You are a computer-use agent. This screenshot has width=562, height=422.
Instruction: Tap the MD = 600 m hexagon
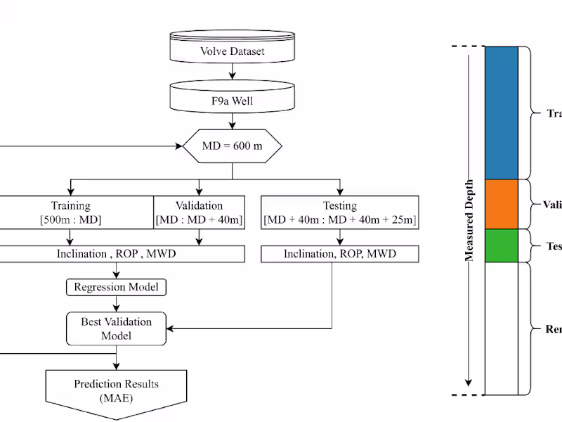[233, 147]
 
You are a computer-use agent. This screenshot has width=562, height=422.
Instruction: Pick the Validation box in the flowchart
[199, 212]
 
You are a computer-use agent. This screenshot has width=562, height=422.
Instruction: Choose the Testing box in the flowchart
[340, 212]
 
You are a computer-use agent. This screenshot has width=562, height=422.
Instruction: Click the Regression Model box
[117, 287]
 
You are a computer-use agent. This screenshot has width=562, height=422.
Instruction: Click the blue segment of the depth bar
[501, 113]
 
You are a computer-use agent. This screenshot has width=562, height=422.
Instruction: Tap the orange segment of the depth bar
[501, 204]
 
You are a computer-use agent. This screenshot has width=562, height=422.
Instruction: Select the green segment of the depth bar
[501, 245]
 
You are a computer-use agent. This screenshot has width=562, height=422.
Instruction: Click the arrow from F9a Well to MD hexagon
[233, 121]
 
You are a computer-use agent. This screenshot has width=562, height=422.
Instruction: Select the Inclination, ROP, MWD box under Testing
[340, 254]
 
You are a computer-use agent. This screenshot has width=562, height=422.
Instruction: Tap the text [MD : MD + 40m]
[199, 220]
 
